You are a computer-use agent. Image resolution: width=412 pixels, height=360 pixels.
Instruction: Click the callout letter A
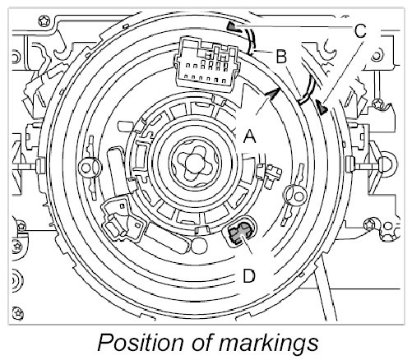tap(249, 136)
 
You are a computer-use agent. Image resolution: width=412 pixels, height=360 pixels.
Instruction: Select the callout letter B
tap(281, 57)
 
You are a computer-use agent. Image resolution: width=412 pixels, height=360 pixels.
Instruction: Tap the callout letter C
tap(360, 30)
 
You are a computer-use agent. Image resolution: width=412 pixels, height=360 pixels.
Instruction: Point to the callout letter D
tap(249, 275)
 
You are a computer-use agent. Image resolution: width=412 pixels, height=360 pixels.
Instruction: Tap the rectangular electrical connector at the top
tap(206, 65)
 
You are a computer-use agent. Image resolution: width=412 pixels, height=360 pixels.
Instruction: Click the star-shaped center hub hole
tap(194, 163)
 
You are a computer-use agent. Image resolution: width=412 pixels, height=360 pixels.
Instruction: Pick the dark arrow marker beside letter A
tap(272, 95)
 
